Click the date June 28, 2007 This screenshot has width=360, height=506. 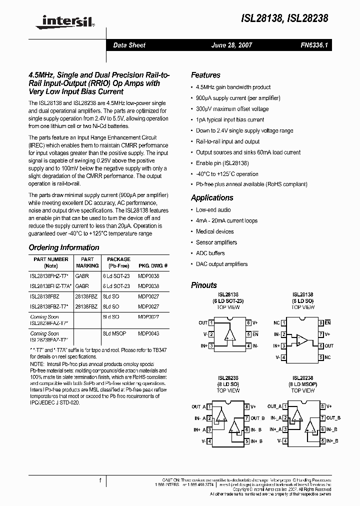click(x=232, y=45)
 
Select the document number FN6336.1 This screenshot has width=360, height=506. click(x=313, y=45)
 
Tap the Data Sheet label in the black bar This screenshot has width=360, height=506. click(x=129, y=45)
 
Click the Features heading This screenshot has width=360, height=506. click(x=205, y=75)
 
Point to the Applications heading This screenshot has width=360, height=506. click(x=212, y=197)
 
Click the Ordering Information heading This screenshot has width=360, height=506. click(x=64, y=247)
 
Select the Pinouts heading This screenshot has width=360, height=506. click(x=204, y=285)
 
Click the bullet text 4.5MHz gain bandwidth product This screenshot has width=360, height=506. click(x=233, y=87)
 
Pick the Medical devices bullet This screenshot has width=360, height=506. click(x=214, y=231)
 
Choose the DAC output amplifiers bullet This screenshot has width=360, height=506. click(x=221, y=264)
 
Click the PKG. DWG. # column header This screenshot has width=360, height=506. click(x=152, y=266)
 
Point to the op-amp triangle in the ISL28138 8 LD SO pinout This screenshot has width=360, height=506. click(x=302, y=340)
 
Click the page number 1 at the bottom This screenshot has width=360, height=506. click(x=100, y=480)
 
